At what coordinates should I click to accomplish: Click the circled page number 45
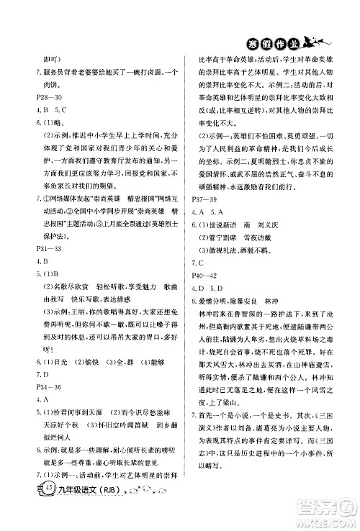[x=28, y=508]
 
